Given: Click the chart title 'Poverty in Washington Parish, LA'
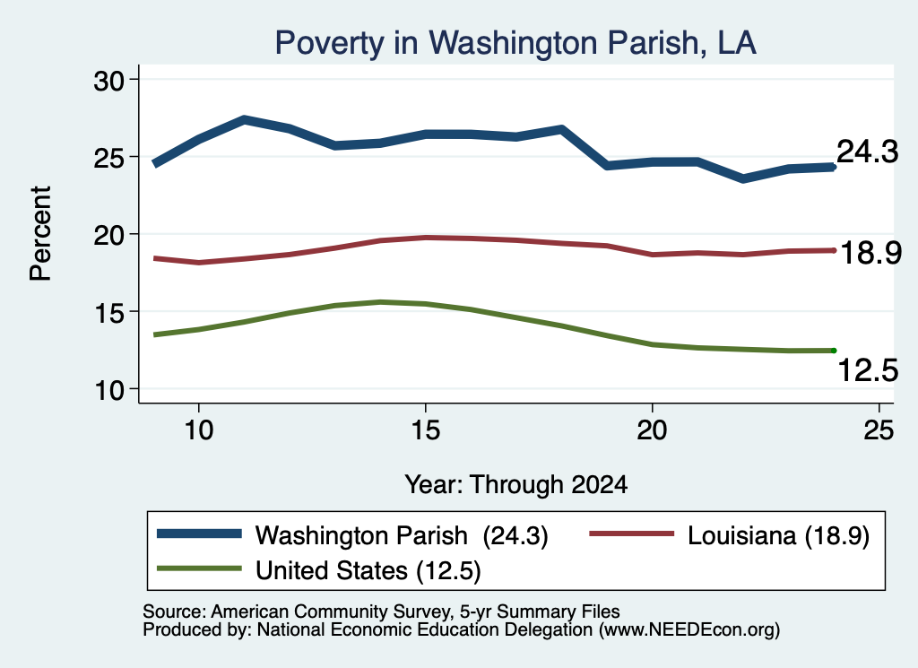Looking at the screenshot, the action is (515, 43).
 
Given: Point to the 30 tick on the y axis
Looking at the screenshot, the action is (109, 80).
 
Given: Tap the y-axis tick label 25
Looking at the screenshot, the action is (109, 158).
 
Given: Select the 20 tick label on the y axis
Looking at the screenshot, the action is (109, 235).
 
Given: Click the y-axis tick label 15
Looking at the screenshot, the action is (109, 312).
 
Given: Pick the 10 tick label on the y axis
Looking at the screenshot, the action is (109, 390).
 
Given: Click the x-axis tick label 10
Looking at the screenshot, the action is (199, 430).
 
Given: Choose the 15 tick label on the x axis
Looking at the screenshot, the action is (426, 430).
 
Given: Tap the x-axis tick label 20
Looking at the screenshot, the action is (653, 430).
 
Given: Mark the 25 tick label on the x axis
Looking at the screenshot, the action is (879, 430).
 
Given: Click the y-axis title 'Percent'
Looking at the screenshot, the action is (40, 234).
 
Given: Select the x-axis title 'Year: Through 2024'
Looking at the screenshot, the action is (515, 485).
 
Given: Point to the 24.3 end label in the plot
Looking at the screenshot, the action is (867, 152).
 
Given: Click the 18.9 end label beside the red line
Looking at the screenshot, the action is (870, 254).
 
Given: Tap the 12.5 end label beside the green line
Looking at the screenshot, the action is (868, 370).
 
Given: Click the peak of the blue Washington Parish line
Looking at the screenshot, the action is (244, 119).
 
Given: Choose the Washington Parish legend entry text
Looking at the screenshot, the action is (402, 535).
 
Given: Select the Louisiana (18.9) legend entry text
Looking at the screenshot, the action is (778, 535).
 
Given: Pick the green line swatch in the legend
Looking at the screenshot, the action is (199, 568).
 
